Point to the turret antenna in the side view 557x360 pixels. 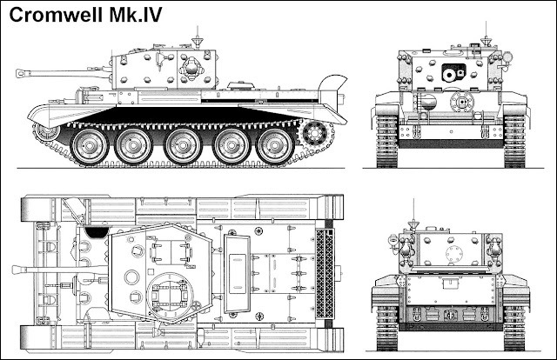click(x=199, y=38)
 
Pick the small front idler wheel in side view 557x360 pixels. click(x=45, y=130)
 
